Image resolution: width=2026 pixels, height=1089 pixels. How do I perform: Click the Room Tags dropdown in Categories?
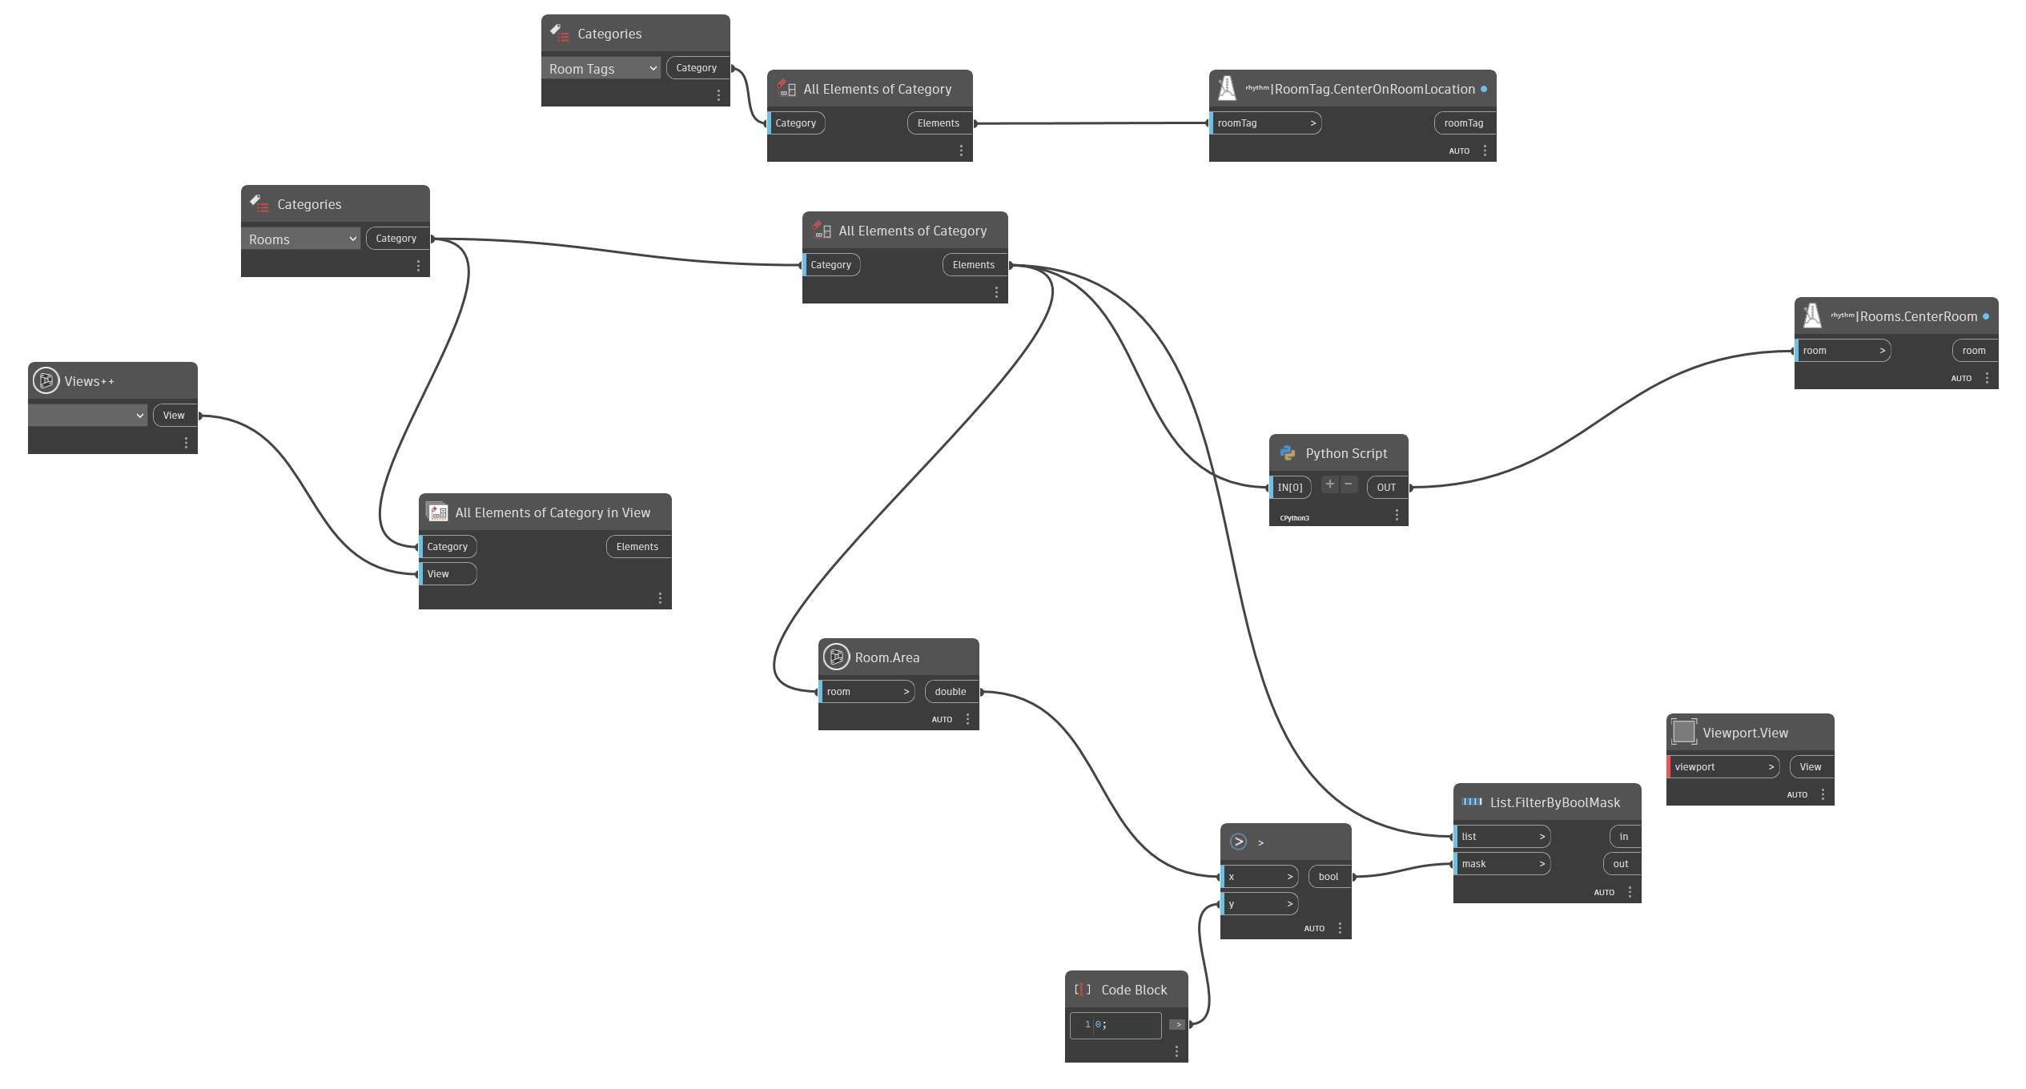point(601,69)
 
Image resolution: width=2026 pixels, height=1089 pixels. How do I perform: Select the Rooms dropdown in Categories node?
point(300,239)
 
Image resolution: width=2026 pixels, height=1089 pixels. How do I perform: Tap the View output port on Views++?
point(175,416)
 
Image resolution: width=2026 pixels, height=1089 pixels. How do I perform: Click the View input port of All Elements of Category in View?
point(448,574)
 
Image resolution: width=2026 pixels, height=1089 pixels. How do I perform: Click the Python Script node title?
point(1346,453)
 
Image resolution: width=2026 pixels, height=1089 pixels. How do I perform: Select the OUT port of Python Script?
point(1386,488)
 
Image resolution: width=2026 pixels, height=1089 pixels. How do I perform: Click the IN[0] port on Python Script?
point(1290,488)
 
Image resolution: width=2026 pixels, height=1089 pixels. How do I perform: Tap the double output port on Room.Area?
point(951,692)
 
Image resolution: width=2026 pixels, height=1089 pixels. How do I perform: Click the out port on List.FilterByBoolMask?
point(1621,864)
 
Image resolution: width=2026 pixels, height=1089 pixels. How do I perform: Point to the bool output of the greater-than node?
point(1329,877)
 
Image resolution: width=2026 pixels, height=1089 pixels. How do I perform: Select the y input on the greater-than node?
point(1259,904)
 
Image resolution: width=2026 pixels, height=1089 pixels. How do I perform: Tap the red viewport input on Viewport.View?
point(1722,767)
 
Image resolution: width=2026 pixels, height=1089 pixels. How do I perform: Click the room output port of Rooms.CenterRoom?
point(1974,351)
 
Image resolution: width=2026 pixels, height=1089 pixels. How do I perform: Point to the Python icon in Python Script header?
point(1288,453)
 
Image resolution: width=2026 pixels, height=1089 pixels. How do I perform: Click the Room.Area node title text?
point(887,657)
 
